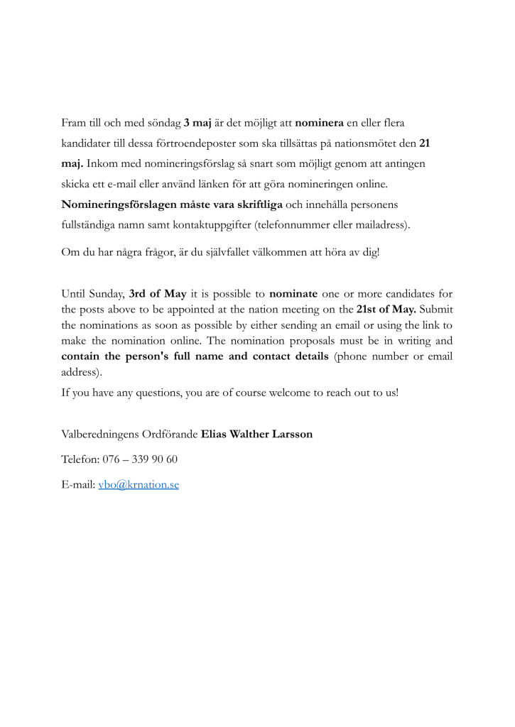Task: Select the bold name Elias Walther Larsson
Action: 256,434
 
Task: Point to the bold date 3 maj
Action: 197,123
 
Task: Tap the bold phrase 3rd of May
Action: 157,293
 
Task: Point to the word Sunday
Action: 107,293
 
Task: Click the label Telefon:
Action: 80,459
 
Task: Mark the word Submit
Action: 436,309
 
